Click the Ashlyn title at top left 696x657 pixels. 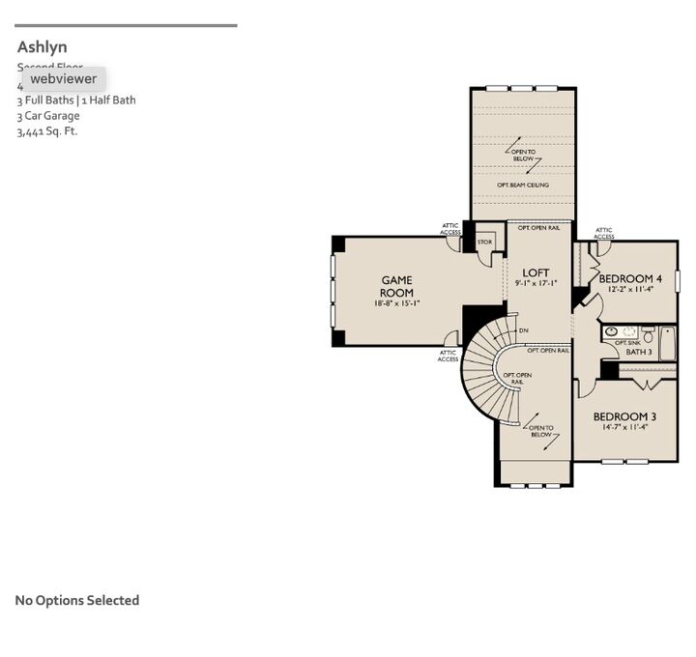pyautogui.click(x=42, y=46)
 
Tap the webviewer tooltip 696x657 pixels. pyautogui.click(x=63, y=78)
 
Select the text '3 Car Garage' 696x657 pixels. pyautogui.click(x=48, y=116)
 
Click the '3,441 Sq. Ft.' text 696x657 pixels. pyautogui.click(x=46, y=131)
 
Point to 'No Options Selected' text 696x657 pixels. pyautogui.click(x=77, y=600)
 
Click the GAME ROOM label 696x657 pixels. pyautogui.click(x=396, y=287)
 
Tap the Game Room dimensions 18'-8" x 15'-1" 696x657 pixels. pyautogui.click(x=396, y=303)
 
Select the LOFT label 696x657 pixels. pyautogui.click(x=536, y=273)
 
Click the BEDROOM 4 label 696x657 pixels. pyautogui.click(x=630, y=278)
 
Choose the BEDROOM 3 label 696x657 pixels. pyautogui.click(x=624, y=416)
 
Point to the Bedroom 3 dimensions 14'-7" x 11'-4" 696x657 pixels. pyautogui.click(x=624, y=427)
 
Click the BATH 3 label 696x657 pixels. pyautogui.click(x=638, y=352)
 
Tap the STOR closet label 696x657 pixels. pyautogui.click(x=484, y=243)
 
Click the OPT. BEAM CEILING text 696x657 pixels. pyautogui.click(x=523, y=185)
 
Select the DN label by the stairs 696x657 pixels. pyautogui.click(x=523, y=331)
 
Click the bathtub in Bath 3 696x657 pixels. pyautogui.click(x=667, y=343)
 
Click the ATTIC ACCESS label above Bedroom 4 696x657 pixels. pyautogui.click(x=604, y=233)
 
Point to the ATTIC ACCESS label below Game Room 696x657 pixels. pyautogui.click(x=448, y=356)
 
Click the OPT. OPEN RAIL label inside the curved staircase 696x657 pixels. pyautogui.click(x=517, y=378)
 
